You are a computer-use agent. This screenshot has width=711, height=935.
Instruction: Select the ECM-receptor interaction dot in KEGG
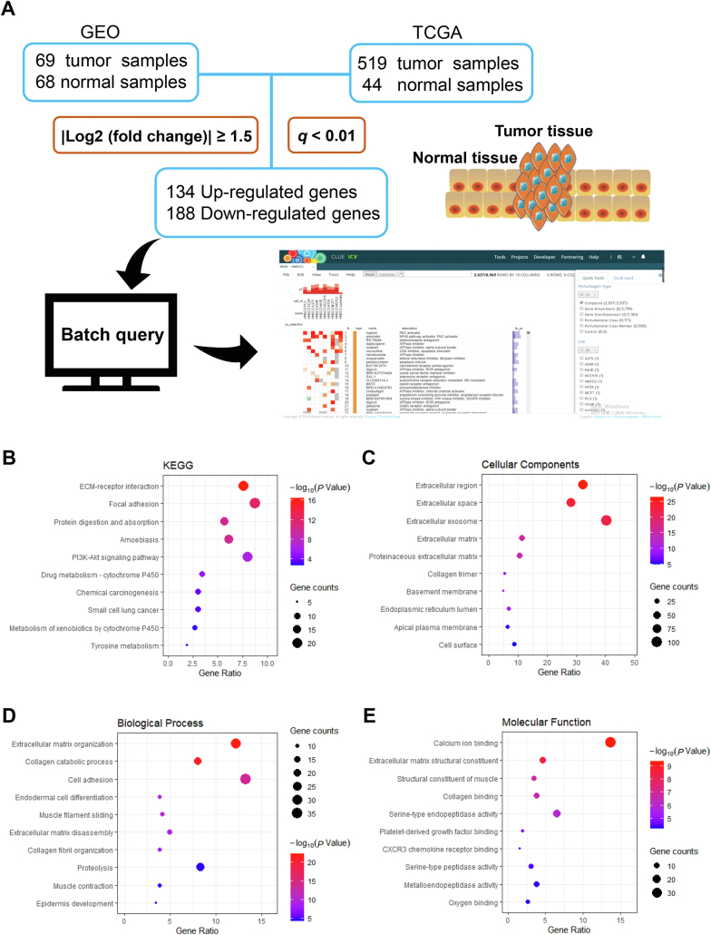243,487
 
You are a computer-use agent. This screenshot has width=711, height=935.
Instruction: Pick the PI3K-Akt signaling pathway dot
248,556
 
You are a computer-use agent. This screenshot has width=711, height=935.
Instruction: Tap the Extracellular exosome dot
607,520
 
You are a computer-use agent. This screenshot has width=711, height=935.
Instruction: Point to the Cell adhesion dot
245,779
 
